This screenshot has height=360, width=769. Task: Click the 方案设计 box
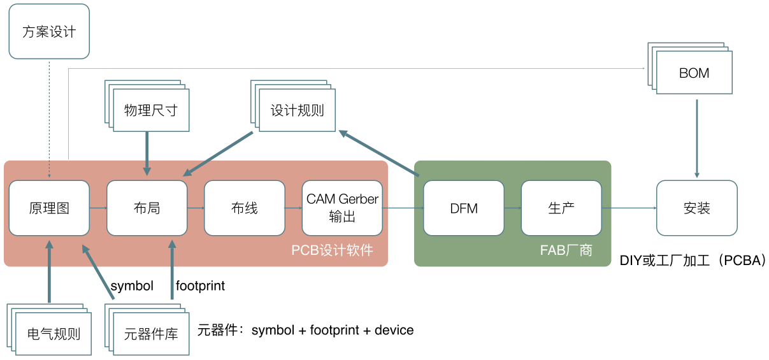click(x=49, y=31)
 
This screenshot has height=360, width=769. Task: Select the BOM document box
click(x=690, y=68)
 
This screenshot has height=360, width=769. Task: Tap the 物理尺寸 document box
click(x=147, y=106)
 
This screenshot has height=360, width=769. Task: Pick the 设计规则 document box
click(x=293, y=106)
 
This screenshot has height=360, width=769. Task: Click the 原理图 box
click(x=49, y=208)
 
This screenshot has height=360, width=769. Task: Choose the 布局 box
click(x=147, y=208)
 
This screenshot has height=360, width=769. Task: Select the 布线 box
click(x=245, y=208)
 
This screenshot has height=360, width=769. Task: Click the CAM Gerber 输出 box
click(x=342, y=208)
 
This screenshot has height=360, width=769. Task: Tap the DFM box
click(x=464, y=208)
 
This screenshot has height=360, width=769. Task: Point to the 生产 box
click(x=561, y=208)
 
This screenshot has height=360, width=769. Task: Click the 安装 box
click(x=697, y=208)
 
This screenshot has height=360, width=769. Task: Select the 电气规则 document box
click(x=49, y=329)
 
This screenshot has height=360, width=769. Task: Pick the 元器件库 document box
click(x=147, y=329)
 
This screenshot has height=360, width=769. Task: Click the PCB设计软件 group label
click(x=332, y=250)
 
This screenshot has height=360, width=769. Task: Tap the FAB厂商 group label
click(x=566, y=250)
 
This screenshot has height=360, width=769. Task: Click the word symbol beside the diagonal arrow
click(x=132, y=286)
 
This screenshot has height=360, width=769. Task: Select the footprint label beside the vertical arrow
click(x=200, y=285)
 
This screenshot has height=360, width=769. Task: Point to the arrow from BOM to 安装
click(x=697, y=139)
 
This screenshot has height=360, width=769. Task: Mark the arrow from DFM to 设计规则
click(x=379, y=153)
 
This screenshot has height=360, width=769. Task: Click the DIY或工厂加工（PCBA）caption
click(x=693, y=261)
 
